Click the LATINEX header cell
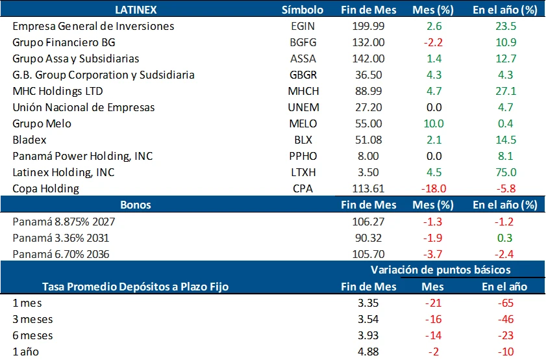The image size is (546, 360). [136, 10]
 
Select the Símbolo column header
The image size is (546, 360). [303, 10]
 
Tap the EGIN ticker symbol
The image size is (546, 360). [303, 26]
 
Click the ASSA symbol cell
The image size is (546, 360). [303, 58]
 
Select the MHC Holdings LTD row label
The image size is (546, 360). [58, 91]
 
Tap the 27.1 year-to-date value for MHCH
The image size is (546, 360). [504, 91]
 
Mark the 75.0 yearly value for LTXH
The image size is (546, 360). [504, 172]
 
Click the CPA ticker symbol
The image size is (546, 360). [303, 188]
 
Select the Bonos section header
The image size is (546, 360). [136, 205]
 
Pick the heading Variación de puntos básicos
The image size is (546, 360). [440, 270]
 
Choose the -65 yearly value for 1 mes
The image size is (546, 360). [504, 303]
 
